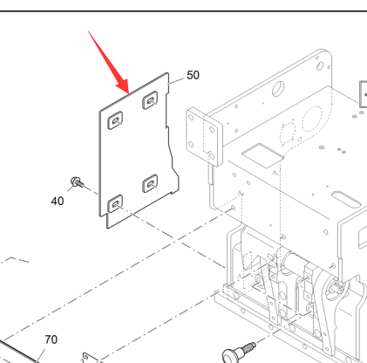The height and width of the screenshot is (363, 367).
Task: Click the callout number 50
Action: (193, 75)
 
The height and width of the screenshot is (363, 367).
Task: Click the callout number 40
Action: (58, 201)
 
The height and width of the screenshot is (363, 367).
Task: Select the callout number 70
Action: (51, 339)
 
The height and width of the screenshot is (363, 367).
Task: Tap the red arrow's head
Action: (123, 86)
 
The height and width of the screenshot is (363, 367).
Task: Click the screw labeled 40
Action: (77, 182)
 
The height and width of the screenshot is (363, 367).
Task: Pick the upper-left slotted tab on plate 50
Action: (115, 120)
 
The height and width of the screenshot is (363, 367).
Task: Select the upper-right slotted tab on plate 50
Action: (150, 100)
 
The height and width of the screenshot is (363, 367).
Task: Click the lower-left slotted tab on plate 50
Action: (115, 203)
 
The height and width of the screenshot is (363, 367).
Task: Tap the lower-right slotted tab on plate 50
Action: (150, 183)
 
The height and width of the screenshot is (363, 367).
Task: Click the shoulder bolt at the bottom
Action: (238, 352)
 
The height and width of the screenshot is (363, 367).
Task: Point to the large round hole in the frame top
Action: (278, 88)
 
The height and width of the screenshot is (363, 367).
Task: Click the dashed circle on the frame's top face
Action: (312, 119)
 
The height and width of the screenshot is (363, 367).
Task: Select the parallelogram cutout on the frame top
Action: (262, 155)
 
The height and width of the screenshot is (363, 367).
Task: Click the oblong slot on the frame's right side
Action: (346, 199)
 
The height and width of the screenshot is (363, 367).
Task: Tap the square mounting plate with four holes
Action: (205, 137)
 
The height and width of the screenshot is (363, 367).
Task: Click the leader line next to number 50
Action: (176, 81)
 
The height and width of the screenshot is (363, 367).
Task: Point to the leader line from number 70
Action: (40, 356)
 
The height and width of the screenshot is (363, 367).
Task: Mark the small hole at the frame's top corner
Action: (320, 65)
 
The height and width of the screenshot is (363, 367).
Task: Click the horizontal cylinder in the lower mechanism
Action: (295, 262)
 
